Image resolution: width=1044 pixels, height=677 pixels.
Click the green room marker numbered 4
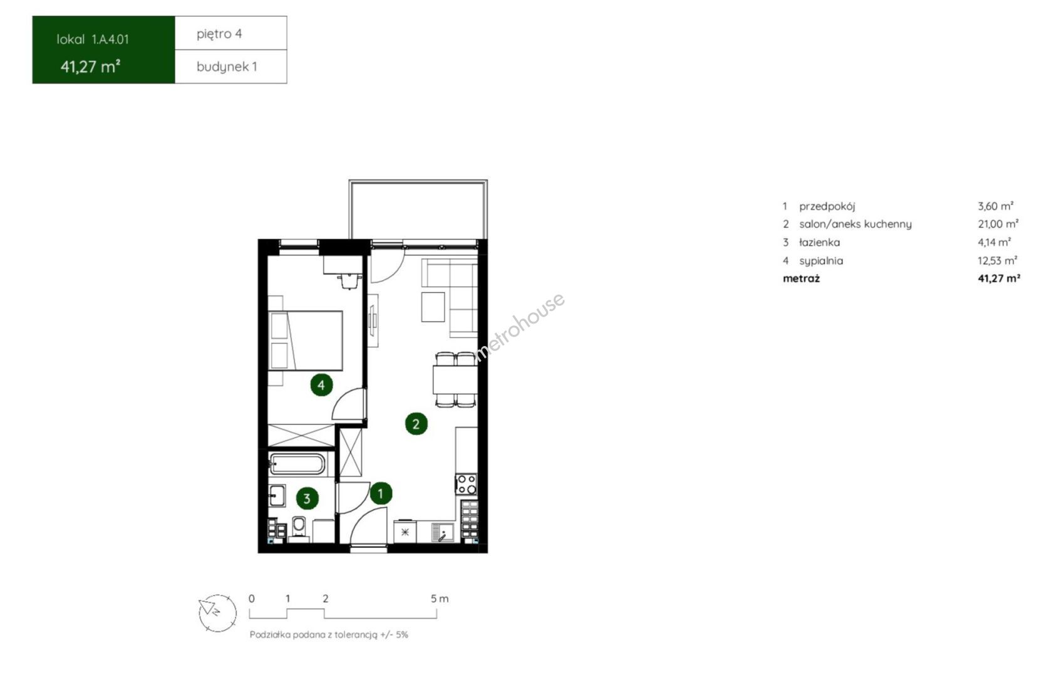321,385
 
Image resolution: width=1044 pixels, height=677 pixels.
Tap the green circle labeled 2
416,424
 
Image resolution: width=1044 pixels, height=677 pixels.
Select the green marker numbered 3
307,498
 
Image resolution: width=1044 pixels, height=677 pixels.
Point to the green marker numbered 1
381,493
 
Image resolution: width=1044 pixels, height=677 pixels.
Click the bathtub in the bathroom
296,464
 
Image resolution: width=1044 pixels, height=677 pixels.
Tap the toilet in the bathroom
298,528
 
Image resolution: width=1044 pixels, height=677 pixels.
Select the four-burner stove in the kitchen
466,484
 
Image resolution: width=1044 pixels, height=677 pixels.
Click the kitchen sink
442,532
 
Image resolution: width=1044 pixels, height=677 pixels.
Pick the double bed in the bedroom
306,340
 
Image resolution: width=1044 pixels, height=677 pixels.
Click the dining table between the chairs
455,380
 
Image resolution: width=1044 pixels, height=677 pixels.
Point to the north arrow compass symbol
217,613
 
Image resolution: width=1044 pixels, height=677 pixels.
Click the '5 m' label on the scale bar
440,599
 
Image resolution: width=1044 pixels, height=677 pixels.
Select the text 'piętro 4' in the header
219,34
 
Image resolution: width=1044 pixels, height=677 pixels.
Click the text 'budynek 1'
227,66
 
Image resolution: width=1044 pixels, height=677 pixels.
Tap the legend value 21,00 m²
998,224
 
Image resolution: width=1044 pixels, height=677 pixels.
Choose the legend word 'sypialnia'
821,261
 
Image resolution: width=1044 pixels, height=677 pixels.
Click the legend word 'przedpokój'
827,206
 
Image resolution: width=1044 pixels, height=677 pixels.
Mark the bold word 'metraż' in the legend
801,278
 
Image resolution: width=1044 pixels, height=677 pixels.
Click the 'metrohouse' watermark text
520,326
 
